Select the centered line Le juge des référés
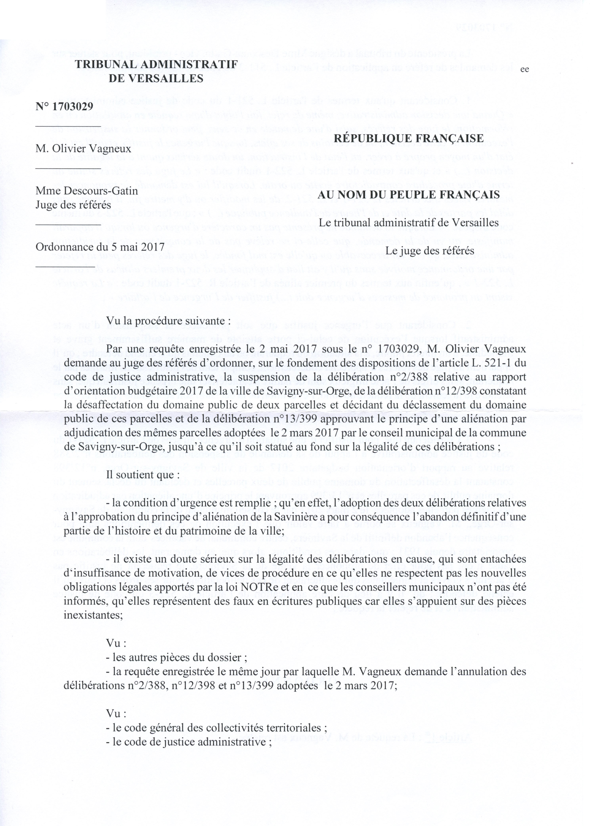[430, 250]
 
